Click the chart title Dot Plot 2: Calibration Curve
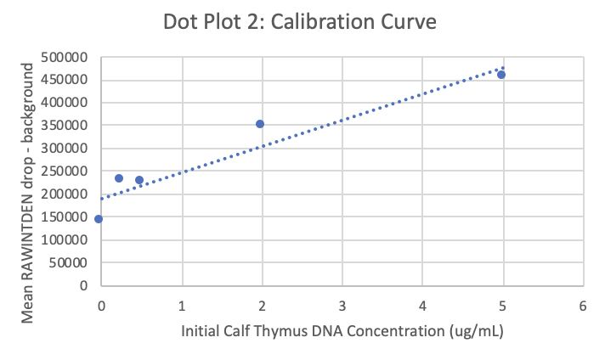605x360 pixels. tap(301, 22)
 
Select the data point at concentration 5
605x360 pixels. tap(501, 75)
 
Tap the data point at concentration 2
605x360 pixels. tap(260, 124)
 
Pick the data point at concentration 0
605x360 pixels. tap(99, 219)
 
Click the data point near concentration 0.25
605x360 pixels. tap(119, 178)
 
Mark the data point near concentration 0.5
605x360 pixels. tap(139, 180)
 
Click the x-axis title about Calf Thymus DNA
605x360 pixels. tap(342, 330)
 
